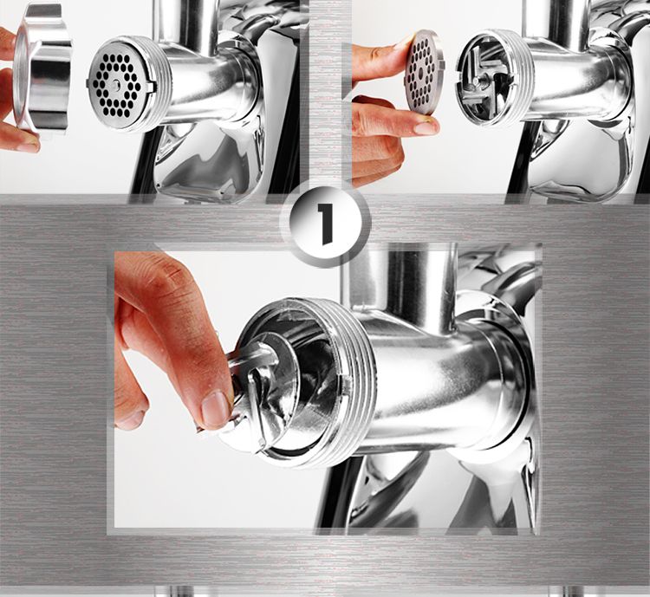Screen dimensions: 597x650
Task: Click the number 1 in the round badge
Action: [325, 224]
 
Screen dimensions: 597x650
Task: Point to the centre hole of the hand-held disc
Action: [425, 72]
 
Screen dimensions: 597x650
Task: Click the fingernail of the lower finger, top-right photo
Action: [426, 127]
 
